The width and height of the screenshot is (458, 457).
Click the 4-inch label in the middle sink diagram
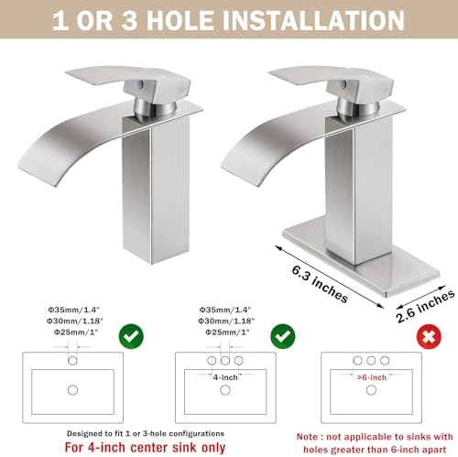coord(226,375)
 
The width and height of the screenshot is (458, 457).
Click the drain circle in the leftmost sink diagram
coord(73,390)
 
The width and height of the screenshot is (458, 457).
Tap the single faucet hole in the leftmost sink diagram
coord(73,360)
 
